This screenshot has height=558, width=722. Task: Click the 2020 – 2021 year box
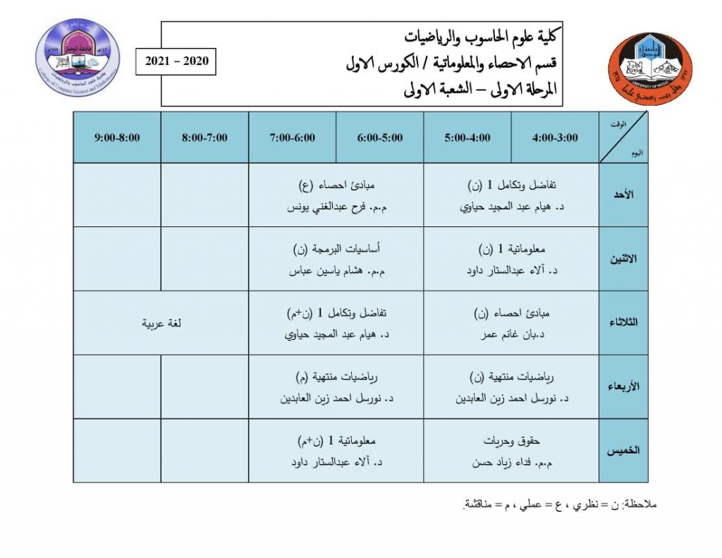[177, 61]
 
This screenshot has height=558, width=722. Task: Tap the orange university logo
[649, 69]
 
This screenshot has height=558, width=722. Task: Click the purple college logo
[78, 57]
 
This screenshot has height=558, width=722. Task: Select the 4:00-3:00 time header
[555, 138]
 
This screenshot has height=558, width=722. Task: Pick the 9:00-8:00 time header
[117, 138]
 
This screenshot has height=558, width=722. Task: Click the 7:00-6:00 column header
[292, 138]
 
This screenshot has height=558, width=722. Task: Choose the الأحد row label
[624, 195]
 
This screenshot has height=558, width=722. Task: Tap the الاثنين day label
[624, 259]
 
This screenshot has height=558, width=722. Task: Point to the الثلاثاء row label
[624, 322]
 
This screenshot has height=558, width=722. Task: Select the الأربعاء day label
[624, 387]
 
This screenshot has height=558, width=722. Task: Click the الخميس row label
[624, 450]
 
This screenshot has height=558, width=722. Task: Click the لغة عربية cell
[161, 323]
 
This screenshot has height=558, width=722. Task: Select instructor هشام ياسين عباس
[339, 271]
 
